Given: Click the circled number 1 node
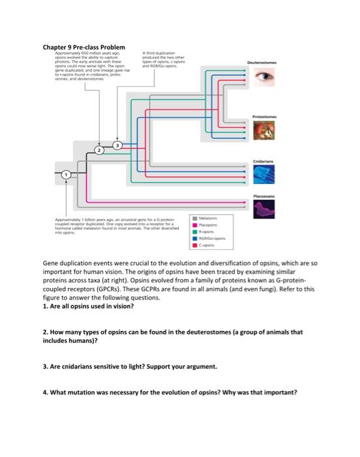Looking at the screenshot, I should (66, 176).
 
